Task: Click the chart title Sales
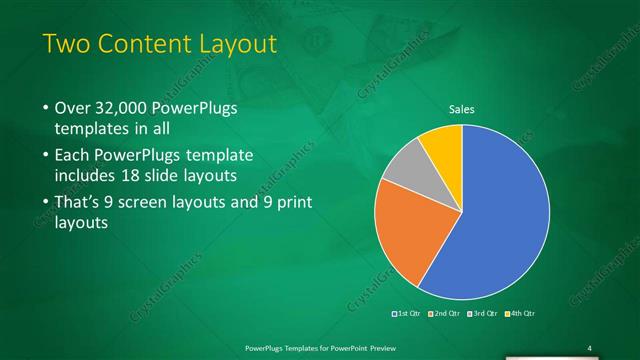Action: (461, 109)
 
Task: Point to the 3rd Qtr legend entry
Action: (481, 314)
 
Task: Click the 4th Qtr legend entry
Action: (520, 314)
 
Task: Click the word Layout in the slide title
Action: (233, 45)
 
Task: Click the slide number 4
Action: (590, 347)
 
